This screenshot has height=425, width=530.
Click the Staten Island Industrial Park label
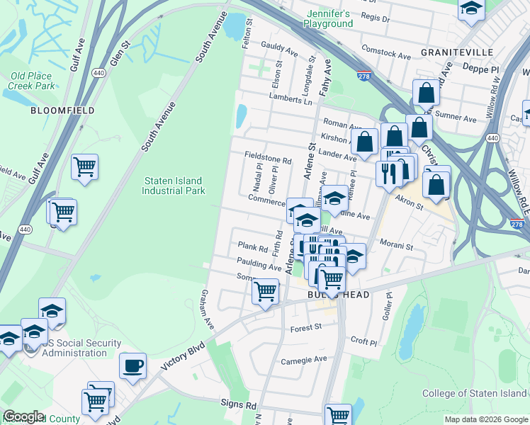(x=174, y=186)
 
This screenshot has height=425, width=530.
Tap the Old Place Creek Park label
(x=32, y=81)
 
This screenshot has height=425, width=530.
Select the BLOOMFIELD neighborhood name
(x=52, y=110)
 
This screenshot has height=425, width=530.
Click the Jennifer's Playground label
(x=329, y=18)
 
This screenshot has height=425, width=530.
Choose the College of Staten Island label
(x=475, y=393)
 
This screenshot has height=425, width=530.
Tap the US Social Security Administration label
(x=74, y=348)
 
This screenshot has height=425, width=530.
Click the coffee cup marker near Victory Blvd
(x=132, y=366)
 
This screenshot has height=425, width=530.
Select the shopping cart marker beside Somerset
(x=265, y=290)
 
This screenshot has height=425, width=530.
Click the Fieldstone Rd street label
(x=268, y=161)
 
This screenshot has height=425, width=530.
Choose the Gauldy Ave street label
(x=279, y=49)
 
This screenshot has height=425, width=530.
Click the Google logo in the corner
(x=24, y=416)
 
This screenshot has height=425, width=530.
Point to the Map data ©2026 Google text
(x=485, y=419)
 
